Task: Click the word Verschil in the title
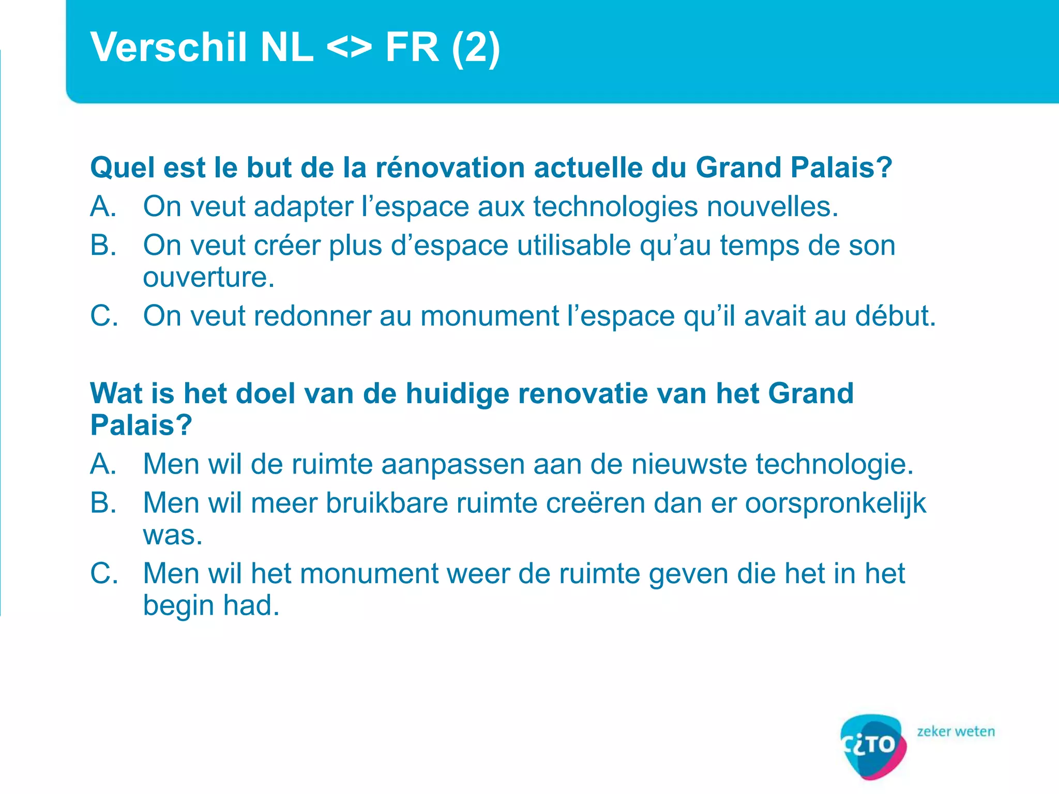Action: click(169, 47)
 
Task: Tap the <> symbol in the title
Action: click(349, 47)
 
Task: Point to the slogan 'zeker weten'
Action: click(956, 731)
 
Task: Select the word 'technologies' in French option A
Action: click(615, 207)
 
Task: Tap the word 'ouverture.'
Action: click(208, 278)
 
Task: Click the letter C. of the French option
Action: click(104, 316)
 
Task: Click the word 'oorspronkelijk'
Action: click(835, 503)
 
